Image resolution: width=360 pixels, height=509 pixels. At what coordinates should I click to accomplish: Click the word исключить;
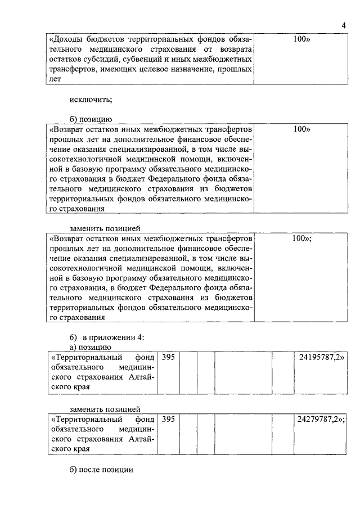(91, 100)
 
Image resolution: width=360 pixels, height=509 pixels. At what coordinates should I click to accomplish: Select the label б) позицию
(91, 119)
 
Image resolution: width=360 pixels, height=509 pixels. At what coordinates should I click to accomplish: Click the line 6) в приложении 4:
(107, 337)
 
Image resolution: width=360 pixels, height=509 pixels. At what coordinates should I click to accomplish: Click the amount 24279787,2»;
(322, 419)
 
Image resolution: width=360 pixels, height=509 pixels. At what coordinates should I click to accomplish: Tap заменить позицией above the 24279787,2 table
(105, 409)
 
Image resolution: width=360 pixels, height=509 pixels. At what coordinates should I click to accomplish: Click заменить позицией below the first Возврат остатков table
(105, 228)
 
